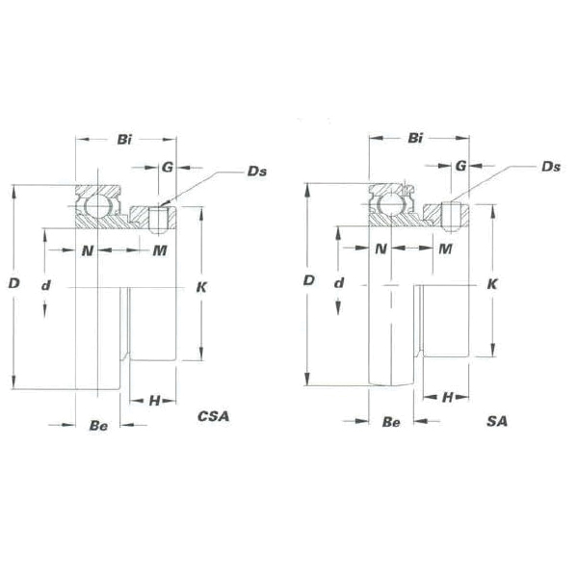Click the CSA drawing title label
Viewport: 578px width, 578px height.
pyautogui.click(x=214, y=416)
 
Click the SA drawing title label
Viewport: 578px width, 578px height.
pyautogui.click(x=497, y=421)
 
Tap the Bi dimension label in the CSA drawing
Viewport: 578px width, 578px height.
pyautogui.click(x=124, y=140)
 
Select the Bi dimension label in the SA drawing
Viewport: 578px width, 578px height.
pyautogui.click(x=415, y=138)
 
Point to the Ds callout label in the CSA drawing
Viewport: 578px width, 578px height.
pyautogui.click(x=257, y=171)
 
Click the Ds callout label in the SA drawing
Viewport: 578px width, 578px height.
pyautogui.click(x=551, y=167)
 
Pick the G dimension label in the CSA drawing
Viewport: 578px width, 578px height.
pyautogui.click(x=168, y=168)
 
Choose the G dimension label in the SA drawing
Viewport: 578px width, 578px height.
pyautogui.click(x=460, y=166)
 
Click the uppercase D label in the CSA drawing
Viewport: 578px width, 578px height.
pyautogui.click(x=14, y=283)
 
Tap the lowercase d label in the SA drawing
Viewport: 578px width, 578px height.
pyautogui.click(x=339, y=283)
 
